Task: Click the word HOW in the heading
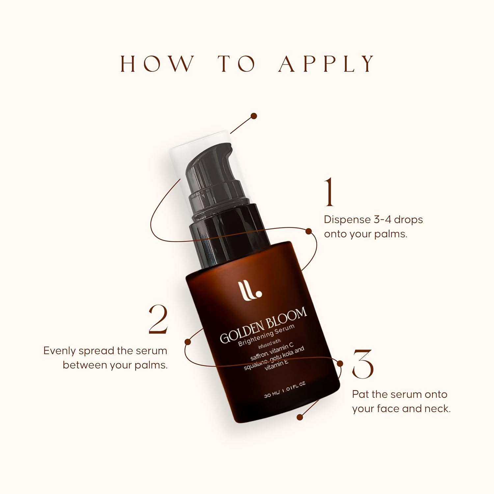coord(157,64)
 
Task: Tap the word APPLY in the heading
coord(327,64)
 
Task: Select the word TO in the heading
coord(236,64)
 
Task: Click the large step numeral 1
coord(329,192)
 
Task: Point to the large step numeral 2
coord(158,319)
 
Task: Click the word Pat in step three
coord(360,394)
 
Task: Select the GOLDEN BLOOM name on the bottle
coord(263,325)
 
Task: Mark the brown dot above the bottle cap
coord(254,116)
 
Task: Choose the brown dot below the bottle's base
coord(300,417)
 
